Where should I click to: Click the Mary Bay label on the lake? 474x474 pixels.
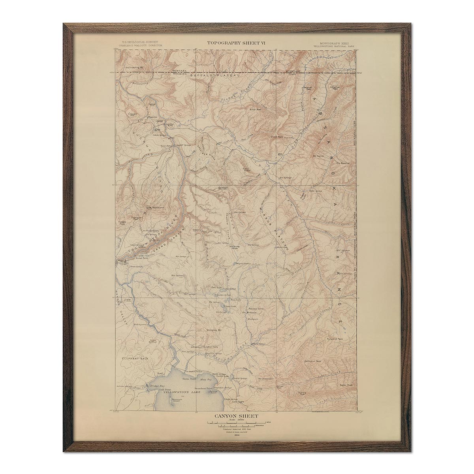point(207,379)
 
